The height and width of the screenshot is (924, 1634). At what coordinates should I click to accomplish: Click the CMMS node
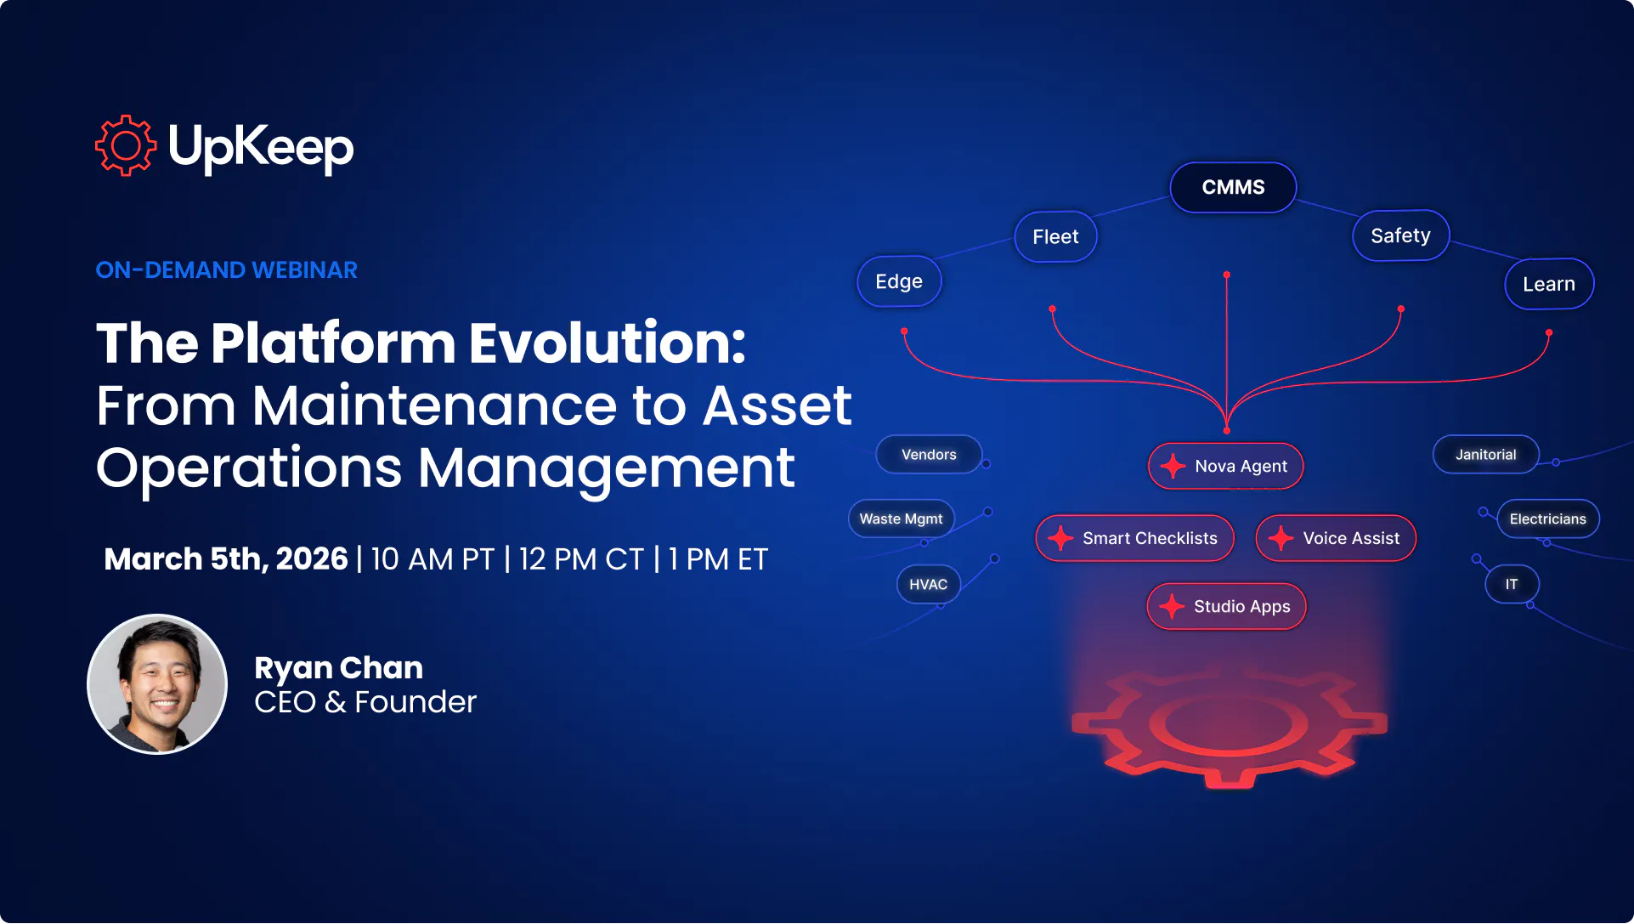[x=1233, y=187]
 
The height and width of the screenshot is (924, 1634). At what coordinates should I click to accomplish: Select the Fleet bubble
[x=1055, y=236]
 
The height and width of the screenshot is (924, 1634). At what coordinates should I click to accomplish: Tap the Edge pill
[x=899, y=281]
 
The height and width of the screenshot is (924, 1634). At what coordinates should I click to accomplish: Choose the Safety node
[x=1400, y=235]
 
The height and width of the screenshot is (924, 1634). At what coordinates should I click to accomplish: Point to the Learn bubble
[x=1548, y=284]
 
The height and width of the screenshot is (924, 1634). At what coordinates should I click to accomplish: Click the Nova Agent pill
[x=1226, y=466]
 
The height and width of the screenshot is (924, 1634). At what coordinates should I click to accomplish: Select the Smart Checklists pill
[x=1134, y=538]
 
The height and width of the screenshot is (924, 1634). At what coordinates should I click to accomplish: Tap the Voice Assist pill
[x=1336, y=538]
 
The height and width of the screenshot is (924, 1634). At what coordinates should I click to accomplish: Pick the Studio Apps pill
[x=1226, y=606]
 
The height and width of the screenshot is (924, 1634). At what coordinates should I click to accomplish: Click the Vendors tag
[x=929, y=455]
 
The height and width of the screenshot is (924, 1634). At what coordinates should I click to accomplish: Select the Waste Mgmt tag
[x=901, y=519]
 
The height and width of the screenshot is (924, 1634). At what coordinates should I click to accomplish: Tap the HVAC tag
[x=928, y=584]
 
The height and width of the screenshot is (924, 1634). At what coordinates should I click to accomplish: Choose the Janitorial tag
[x=1485, y=455]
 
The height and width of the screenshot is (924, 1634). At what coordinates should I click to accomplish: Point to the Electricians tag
[x=1547, y=519]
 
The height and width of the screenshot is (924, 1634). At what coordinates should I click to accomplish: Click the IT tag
[x=1512, y=584]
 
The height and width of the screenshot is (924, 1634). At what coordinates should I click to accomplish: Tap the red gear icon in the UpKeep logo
[x=126, y=146]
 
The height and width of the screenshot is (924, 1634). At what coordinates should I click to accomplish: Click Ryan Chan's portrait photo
[x=157, y=684]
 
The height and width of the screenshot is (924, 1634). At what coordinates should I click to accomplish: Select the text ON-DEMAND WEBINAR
[x=226, y=270]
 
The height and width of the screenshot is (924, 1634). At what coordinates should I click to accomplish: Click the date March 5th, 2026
[x=226, y=559]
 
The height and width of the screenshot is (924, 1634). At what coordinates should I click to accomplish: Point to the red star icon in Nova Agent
[x=1173, y=466]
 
